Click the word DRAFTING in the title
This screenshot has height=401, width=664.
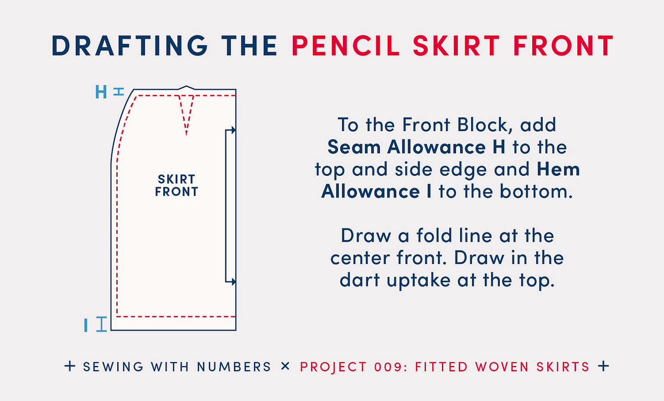[130, 46]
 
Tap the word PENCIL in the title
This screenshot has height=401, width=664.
[346, 46]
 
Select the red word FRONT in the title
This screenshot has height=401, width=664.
[563, 46]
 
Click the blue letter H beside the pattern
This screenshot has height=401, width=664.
[101, 92]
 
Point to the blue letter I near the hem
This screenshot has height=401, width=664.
[86, 325]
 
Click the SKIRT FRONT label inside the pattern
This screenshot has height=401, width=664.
[176, 185]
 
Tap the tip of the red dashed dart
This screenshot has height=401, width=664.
[186, 134]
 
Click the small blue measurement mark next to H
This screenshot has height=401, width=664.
[119, 92]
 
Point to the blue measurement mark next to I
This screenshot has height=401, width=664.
[101, 324]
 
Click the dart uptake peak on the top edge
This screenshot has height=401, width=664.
[186, 86]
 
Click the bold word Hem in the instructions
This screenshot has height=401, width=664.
[558, 169]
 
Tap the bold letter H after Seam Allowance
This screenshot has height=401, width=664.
[498, 147]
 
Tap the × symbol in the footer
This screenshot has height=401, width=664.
[285, 366]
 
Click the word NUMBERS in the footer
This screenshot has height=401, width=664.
[234, 367]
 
